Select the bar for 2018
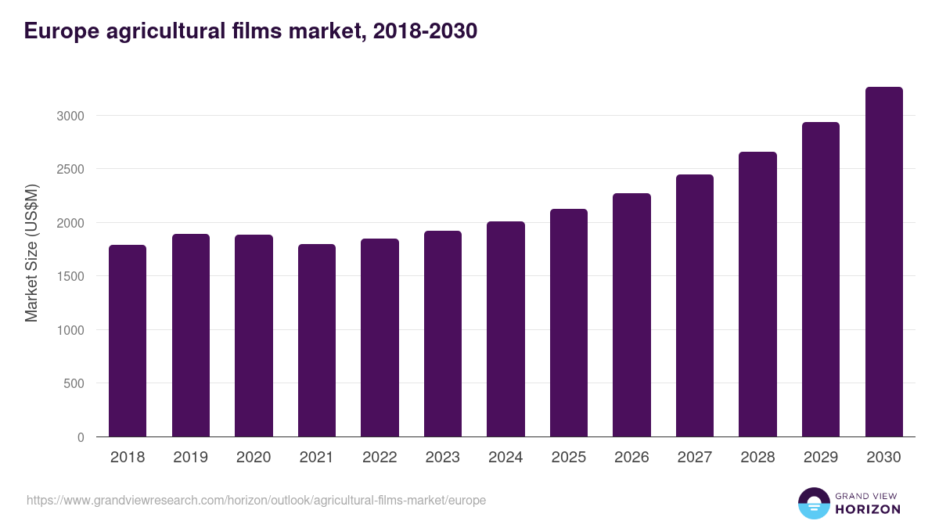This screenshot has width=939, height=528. tap(128, 341)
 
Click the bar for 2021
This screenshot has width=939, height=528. tap(317, 341)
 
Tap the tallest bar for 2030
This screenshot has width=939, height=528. tap(883, 262)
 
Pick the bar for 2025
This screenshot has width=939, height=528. tap(569, 323)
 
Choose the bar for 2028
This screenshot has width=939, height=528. tap(757, 294)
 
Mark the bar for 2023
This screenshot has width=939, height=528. tap(443, 334)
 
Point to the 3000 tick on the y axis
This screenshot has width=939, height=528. tap(70, 116)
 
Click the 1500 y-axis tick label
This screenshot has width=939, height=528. tap(70, 276)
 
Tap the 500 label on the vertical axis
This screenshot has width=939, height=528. tap(74, 383)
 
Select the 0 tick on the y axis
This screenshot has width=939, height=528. tap(81, 437)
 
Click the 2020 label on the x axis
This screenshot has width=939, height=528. tap(254, 458)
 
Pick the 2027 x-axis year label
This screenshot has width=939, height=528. tap(695, 458)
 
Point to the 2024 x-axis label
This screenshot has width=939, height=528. tap(505, 458)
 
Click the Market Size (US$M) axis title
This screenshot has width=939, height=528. tap(31, 253)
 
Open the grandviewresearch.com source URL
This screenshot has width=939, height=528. tap(256, 500)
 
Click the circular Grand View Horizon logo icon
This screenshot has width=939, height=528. tap(814, 503)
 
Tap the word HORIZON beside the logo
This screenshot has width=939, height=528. tap(868, 509)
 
